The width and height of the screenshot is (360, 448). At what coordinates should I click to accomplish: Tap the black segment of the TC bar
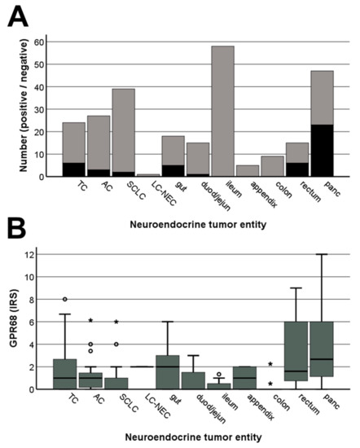click(x=73, y=169)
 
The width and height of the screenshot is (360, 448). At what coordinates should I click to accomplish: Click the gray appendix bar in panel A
click(x=247, y=170)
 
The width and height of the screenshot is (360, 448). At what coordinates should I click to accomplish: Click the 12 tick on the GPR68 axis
click(x=40, y=254)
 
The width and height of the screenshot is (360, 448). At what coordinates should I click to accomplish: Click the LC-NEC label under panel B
click(x=153, y=404)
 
